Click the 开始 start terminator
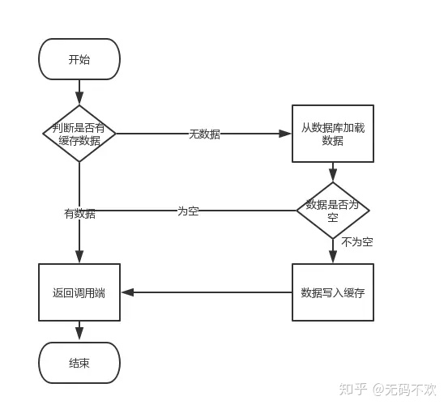[79, 59]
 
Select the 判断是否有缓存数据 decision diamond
[79, 134]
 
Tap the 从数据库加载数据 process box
[332, 134]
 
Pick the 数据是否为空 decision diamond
[332, 210]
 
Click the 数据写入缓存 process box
[332, 292]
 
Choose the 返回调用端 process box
[79, 292]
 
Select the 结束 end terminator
[79, 363]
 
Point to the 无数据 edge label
[204, 134]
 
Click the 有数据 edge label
[79, 214]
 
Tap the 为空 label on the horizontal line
[188, 211]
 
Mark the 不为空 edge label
[356, 242]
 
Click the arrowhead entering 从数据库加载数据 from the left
[286, 134]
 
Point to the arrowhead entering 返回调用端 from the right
[126, 292]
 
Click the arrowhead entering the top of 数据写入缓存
[332, 258]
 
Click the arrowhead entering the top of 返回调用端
[79, 258]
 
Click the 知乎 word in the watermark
[350, 390]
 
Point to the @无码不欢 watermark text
[404, 390]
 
